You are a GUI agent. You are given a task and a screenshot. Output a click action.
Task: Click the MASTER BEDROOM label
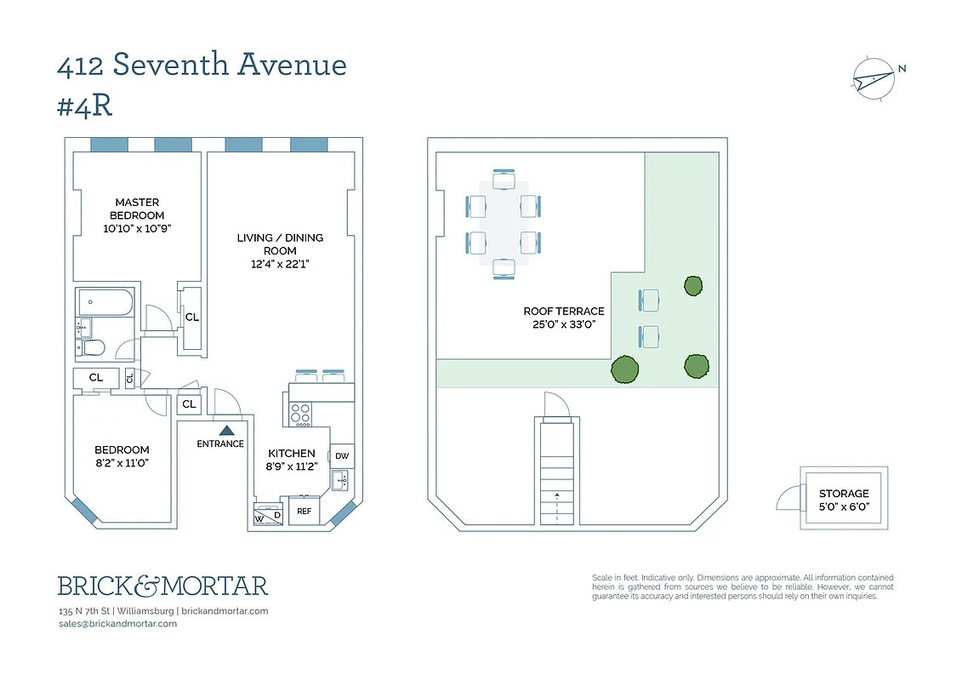click(x=137, y=209)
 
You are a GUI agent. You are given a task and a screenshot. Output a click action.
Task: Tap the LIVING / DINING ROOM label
click(x=280, y=244)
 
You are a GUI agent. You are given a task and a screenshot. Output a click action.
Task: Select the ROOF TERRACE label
click(x=564, y=312)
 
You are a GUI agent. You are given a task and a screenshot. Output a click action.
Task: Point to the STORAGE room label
click(x=844, y=494)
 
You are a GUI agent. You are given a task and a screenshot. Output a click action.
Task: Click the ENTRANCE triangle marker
click(x=225, y=432)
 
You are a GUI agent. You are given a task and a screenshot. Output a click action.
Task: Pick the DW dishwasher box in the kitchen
click(x=342, y=456)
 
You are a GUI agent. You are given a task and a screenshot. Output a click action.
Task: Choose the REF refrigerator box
click(x=302, y=512)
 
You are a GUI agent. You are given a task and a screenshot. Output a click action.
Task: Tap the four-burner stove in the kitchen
click(x=300, y=414)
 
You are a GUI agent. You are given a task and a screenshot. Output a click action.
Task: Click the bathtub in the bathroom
click(x=105, y=302)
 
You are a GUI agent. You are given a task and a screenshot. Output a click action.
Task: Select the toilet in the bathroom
click(x=91, y=347)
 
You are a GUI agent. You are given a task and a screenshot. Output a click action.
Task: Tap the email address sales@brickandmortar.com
click(x=117, y=624)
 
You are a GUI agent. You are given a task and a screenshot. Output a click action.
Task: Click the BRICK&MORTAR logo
click(x=162, y=586)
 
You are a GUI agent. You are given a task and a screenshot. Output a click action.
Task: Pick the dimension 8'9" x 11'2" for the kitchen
click(x=292, y=466)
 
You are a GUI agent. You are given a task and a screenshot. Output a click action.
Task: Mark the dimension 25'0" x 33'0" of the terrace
click(x=564, y=324)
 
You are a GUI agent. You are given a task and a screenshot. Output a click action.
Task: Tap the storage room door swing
click(x=788, y=498)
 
